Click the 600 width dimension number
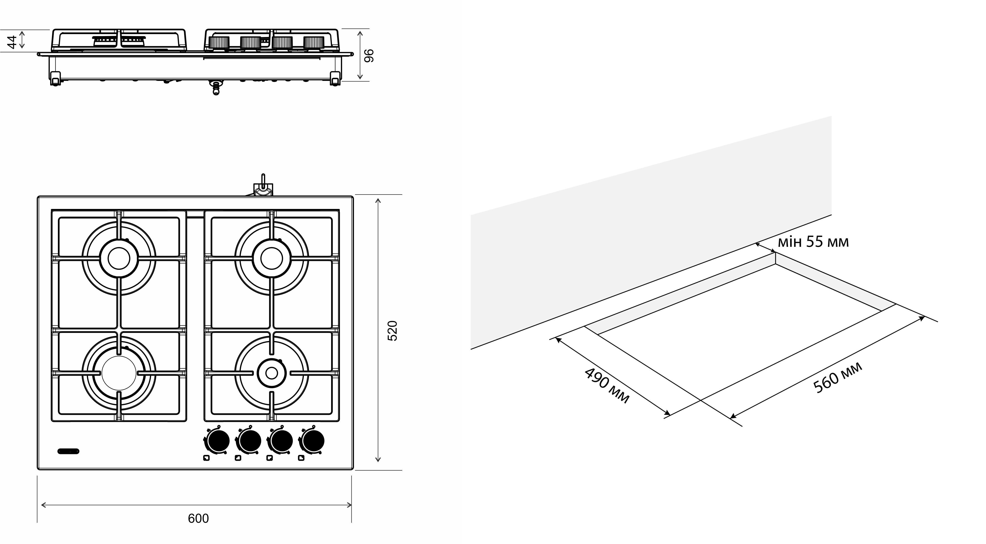(198, 518)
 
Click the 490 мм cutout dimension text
(607, 385)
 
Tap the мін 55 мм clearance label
(813, 242)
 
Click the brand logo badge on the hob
(68, 451)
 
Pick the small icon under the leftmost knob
(206, 458)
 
